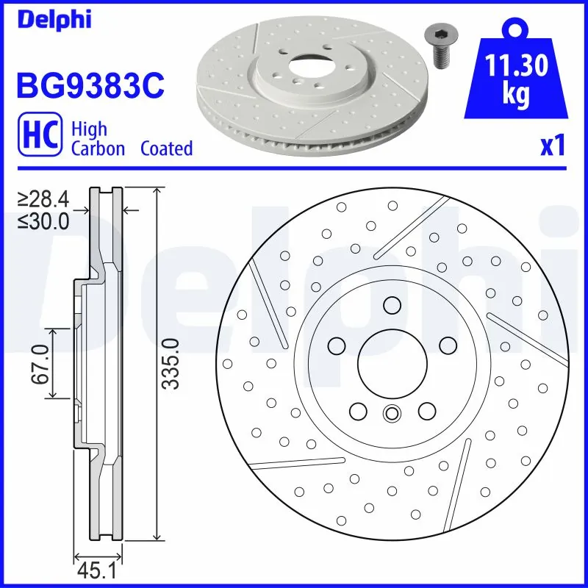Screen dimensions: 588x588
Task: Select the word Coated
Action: (166, 148)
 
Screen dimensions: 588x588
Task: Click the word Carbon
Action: (98, 148)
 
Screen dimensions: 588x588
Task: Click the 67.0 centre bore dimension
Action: (40, 364)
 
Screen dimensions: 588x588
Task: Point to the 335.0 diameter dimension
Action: (170, 364)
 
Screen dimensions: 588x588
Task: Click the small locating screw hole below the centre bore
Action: (391, 414)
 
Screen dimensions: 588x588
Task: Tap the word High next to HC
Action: (89, 129)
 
